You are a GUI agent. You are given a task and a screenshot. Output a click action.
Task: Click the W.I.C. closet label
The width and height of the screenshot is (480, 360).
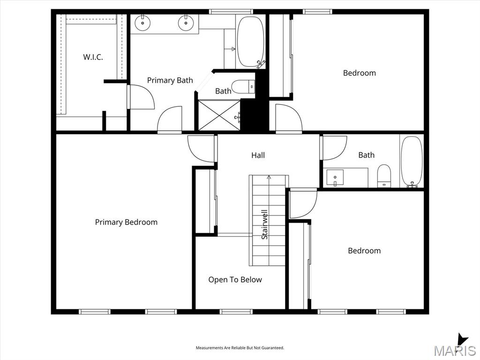93,57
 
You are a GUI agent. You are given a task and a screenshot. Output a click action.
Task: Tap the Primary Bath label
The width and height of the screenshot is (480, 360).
170,80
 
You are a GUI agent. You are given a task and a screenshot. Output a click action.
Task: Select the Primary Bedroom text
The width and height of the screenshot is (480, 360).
126,222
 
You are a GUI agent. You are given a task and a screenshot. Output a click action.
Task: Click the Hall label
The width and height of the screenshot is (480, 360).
258,155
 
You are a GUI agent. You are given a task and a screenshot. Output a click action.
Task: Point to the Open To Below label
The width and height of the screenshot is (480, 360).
235,279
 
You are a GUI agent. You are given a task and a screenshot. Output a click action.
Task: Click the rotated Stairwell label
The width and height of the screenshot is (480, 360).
264,225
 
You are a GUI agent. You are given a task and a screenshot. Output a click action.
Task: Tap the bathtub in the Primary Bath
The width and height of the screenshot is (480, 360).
251,42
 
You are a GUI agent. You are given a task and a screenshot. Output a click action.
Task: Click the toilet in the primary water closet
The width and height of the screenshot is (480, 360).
243,87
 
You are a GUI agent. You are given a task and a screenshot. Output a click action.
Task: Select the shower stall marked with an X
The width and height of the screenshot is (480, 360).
219,115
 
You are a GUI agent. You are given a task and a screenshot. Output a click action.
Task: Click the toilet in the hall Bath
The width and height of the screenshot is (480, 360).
384,176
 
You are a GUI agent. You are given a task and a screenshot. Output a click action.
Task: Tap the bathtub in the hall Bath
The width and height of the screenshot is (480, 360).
412,162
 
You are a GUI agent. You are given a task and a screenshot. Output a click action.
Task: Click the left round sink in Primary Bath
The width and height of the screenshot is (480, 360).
142,22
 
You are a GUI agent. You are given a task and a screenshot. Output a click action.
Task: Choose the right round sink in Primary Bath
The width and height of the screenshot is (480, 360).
186,22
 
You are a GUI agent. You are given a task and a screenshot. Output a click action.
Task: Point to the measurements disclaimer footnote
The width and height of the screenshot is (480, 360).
240,348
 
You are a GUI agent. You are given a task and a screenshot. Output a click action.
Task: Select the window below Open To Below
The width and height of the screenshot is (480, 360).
236,312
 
